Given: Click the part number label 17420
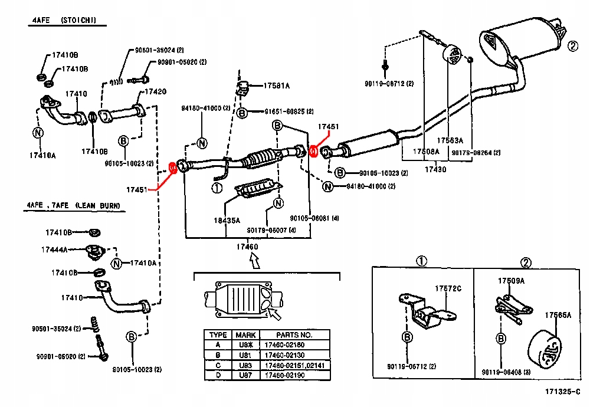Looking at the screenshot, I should click(x=156, y=91).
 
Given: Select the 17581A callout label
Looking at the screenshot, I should click(x=276, y=86).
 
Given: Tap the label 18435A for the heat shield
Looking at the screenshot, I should click(x=227, y=221).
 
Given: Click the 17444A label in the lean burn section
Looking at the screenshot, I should click(x=54, y=250).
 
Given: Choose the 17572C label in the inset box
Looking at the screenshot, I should click(x=448, y=289).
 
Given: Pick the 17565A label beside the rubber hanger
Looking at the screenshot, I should click(x=558, y=315).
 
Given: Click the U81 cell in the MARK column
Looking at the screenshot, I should click(x=245, y=355).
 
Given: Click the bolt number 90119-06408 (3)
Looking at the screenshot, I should click(x=506, y=372).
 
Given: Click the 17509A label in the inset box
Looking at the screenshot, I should click(x=511, y=281).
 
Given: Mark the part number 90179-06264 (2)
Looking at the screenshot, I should click(x=476, y=153).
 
